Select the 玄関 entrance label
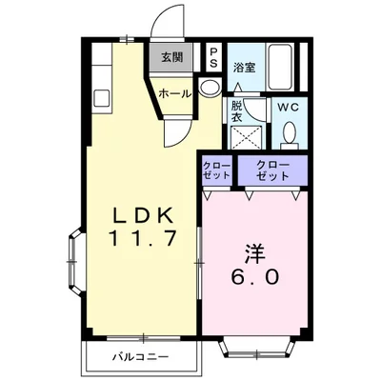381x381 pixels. tap(172, 56)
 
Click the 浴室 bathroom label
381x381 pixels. tap(244, 67)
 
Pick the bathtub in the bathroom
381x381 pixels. tap(283, 66)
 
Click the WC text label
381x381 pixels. tap(288, 108)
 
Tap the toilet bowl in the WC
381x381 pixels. tap(288, 136)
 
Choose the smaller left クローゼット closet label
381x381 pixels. tap(214, 170)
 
